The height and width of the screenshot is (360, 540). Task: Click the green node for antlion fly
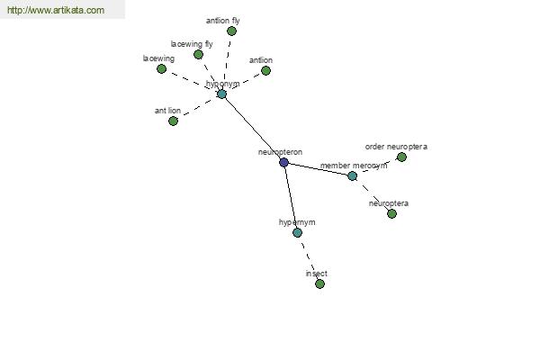[x=231, y=31]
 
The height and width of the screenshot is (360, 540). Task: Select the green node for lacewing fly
[x=198, y=54]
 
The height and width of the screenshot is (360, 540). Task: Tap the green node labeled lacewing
[x=161, y=69]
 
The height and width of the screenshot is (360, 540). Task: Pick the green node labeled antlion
[x=265, y=70]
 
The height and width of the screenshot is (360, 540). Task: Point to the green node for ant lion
[x=173, y=121]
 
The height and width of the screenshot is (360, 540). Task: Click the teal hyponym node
[x=221, y=94]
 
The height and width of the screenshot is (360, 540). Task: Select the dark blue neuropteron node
[x=283, y=162]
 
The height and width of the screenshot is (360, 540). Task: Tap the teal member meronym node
[x=352, y=176]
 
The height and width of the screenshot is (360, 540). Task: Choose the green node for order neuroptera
[x=401, y=157]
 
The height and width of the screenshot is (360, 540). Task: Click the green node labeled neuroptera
[x=391, y=214]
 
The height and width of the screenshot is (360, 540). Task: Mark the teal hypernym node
[x=297, y=232]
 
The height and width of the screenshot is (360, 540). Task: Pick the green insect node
[x=319, y=283]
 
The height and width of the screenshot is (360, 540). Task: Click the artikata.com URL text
[x=56, y=10]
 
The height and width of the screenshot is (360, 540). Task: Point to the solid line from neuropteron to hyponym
[x=252, y=128]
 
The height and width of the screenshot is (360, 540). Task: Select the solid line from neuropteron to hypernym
[x=291, y=197]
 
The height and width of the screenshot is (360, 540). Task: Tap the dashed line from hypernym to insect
[x=309, y=258]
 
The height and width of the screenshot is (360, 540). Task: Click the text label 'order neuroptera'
[x=396, y=147]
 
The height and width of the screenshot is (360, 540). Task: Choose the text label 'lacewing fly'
[x=192, y=44]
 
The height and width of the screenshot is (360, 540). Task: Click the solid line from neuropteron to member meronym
[x=318, y=169]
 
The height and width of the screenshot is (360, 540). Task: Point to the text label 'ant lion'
[x=167, y=111]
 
